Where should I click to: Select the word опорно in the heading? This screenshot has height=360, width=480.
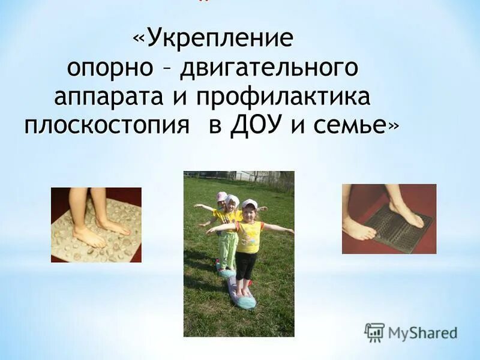[x=109, y=68]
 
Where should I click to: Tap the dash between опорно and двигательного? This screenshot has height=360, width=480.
[x=166, y=69]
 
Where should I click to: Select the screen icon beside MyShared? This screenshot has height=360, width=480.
[x=374, y=332]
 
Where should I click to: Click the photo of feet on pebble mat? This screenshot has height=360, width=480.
[x=96, y=224]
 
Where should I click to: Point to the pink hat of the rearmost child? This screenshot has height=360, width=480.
[x=221, y=196]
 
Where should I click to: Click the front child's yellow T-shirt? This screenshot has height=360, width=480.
[x=249, y=236]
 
